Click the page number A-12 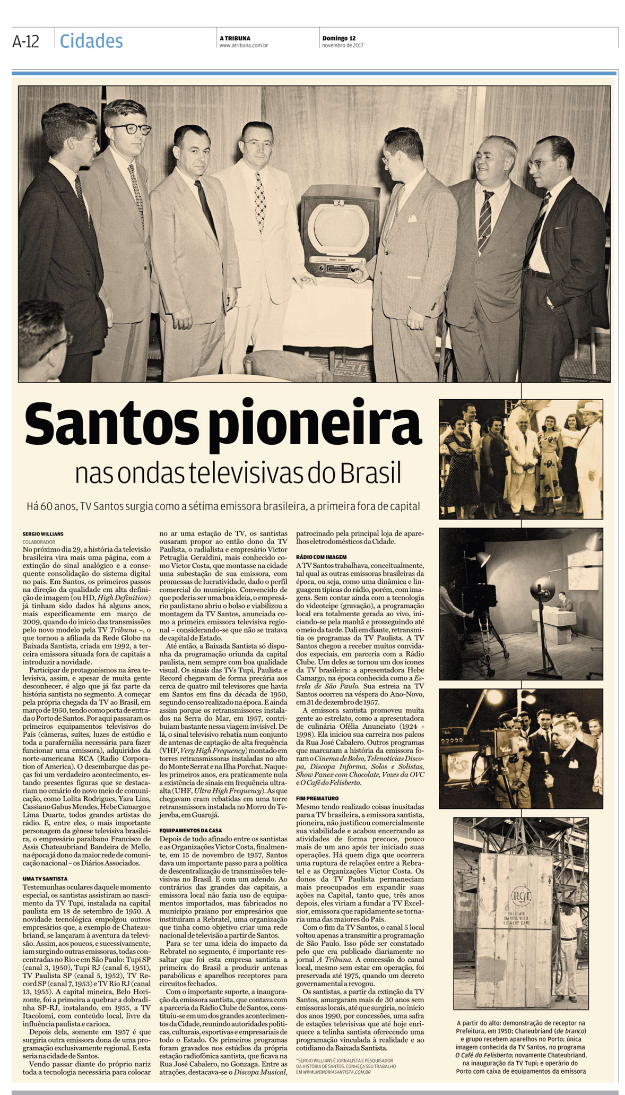click(25, 41)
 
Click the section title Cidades click(91, 41)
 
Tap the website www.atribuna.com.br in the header click(243, 46)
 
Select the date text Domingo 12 click(338, 38)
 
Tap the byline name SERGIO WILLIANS click(43, 534)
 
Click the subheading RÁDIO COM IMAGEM click(321, 557)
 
